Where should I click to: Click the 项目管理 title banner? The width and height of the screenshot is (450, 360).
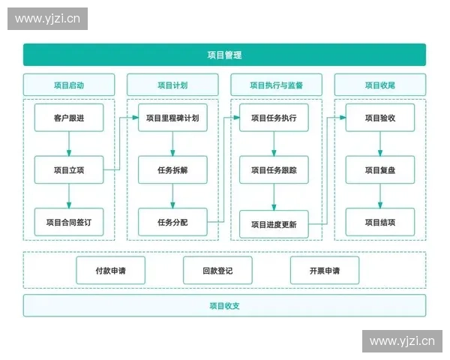click(224, 55)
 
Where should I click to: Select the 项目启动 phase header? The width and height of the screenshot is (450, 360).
click(69, 85)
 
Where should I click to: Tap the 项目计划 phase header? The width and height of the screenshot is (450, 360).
click(172, 85)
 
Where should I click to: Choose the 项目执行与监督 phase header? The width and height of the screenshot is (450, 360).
click(276, 85)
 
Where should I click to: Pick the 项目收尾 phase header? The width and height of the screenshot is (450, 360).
click(379, 85)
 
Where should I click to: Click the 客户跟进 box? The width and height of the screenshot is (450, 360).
click(69, 118)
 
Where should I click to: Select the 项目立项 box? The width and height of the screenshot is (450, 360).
click(69, 169)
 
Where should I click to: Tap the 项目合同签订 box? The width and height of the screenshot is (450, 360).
click(69, 222)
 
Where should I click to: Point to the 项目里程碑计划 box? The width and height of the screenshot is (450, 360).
click(172, 118)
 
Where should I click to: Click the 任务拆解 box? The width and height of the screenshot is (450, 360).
click(172, 169)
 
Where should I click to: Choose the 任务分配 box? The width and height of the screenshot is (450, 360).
click(172, 222)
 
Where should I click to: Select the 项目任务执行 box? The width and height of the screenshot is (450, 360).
click(274, 118)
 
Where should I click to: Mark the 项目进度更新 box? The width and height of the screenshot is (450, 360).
click(274, 224)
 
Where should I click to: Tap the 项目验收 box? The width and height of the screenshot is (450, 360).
click(379, 118)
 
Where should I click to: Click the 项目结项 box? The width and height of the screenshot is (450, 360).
click(379, 222)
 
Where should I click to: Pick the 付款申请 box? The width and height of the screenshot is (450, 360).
click(110, 270)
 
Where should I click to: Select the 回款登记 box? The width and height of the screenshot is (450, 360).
click(217, 270)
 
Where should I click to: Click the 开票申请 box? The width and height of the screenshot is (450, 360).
click(324, 270)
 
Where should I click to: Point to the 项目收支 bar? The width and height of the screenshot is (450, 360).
click(224, 305)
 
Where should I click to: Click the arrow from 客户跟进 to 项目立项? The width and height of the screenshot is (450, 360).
click(69, 143)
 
